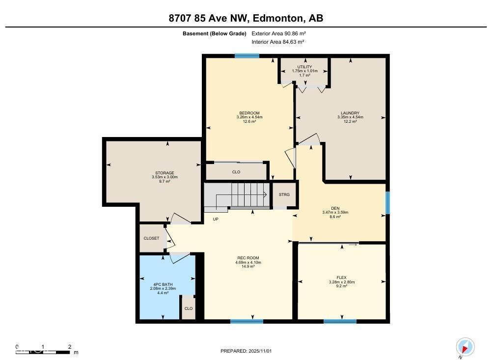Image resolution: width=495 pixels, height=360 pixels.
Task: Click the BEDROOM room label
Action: coord(249,113)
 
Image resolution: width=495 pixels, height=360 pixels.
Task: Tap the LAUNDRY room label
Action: coord(350,113)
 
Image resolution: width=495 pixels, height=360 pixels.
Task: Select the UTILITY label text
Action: coord(304,67)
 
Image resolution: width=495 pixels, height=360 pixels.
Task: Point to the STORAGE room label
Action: coord(165,173)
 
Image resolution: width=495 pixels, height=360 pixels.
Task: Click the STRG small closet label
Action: coord(284,194)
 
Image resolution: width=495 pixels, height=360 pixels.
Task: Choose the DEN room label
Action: coord(335,208)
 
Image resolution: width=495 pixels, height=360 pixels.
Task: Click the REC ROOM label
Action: coord(248,258)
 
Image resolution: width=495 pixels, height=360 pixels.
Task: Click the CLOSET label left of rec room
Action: coord(151,238)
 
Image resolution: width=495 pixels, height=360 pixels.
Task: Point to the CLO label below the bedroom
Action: coord(236,172)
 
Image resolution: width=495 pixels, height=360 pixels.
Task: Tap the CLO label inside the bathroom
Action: coord(188,308)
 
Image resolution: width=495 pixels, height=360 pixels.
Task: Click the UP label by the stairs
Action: coord(216,219)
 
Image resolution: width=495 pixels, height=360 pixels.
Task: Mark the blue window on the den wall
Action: coord(387,202)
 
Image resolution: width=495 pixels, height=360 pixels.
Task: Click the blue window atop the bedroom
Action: coord(247,56)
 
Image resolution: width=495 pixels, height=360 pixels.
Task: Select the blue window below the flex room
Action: coord(340,322)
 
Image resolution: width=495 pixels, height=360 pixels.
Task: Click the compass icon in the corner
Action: coord(465,347)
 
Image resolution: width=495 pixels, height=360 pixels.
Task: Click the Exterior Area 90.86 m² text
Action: coord(279,33)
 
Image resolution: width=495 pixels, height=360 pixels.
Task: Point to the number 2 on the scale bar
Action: coord(69,347)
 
